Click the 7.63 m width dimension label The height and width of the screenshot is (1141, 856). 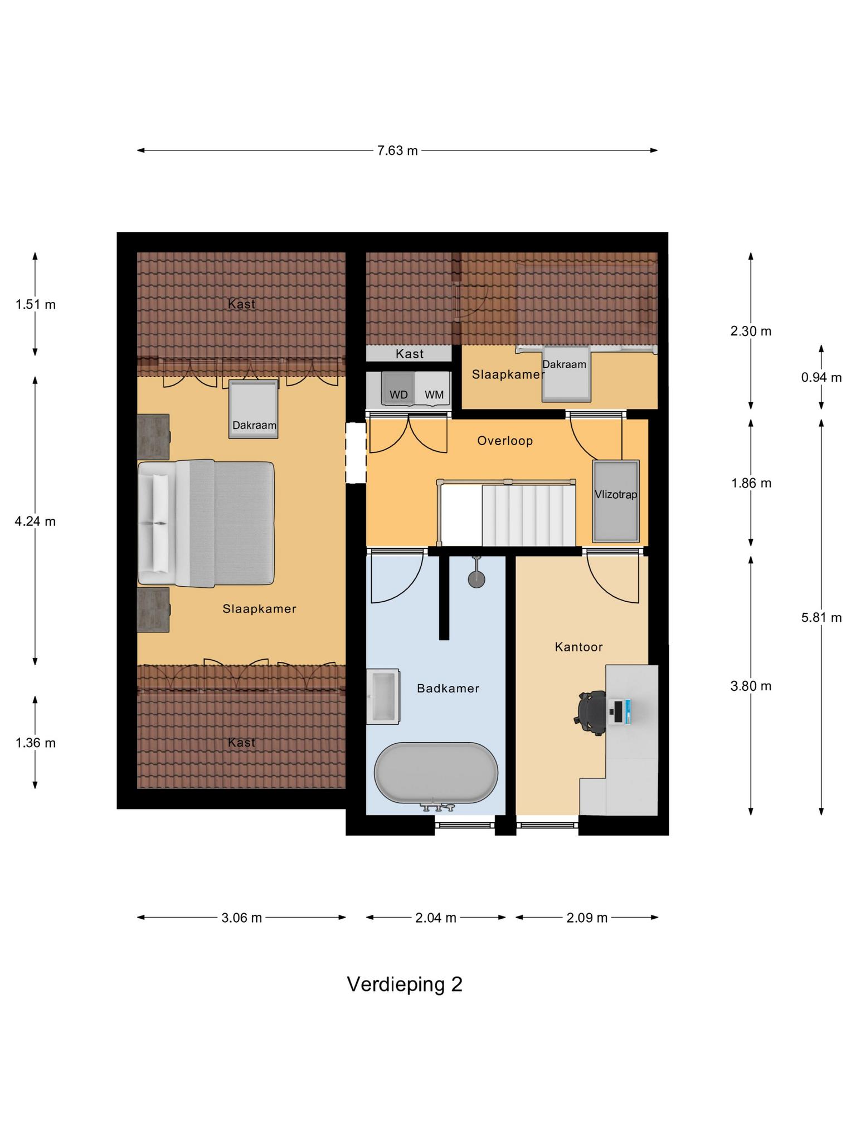pos(397,150)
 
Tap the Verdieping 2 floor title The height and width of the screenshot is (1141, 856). pos(405,984)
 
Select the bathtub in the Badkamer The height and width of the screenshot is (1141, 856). pos(436,773)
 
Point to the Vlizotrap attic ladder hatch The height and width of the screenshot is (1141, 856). pos(616,501)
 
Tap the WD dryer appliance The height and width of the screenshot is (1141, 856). pos(398,389)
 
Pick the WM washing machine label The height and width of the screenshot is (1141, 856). pos(434,395)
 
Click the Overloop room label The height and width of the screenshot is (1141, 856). pos(505,441)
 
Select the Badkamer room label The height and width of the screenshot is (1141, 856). pos(448,689)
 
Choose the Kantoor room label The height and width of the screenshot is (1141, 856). pos(578,647)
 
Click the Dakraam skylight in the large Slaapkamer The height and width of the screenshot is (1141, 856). pos(254,409)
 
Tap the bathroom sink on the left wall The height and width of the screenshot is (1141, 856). pos(382,696)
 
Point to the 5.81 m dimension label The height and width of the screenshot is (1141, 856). pos(821,617)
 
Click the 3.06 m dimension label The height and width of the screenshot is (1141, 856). pos(241,918)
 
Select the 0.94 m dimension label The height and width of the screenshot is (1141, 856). pos(821,378)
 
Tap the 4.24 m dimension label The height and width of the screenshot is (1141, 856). pos(35,521)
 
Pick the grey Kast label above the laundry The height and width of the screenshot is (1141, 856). pos(410,354)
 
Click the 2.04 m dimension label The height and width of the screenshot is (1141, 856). pos(436,918)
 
